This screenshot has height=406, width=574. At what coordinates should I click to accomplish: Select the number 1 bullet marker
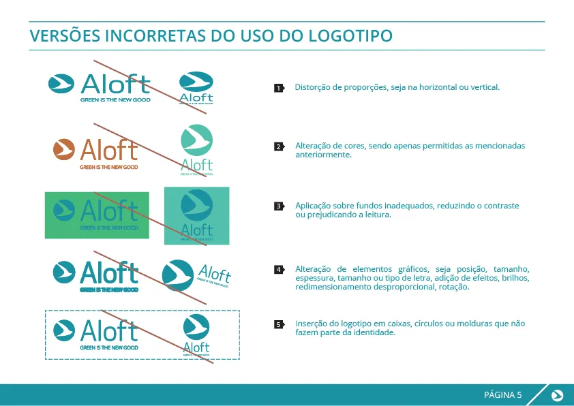point(278,88)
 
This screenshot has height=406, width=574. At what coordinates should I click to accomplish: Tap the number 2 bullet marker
point(278,146)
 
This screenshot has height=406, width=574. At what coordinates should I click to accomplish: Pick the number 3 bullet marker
point(278,206)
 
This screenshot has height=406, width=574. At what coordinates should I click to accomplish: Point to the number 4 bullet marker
point(278,269)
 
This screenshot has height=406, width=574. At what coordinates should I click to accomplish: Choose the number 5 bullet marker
point(278,324)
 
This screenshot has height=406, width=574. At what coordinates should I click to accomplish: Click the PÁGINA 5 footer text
point(502,395)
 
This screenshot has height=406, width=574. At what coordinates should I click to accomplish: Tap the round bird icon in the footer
point(557,395)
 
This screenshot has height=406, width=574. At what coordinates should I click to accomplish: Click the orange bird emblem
point(63,149)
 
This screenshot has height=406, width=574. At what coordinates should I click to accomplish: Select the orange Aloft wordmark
point(109,150)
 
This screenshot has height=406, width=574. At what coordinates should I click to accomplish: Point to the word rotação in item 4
point(453,287)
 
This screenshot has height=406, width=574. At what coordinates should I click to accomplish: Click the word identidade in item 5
point(374,332)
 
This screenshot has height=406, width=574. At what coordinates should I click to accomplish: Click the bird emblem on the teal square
point(197,204)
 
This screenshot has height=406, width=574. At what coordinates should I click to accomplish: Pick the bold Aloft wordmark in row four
point(109,272)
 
